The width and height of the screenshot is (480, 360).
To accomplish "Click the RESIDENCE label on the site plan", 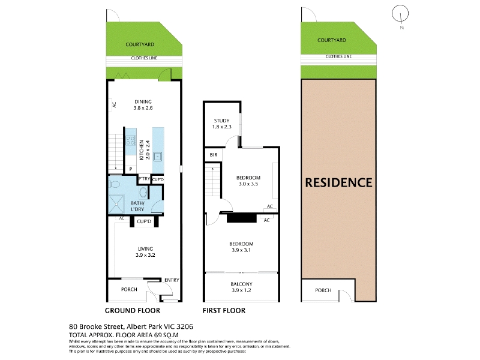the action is tap(338, 183).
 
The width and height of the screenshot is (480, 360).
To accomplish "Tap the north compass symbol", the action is tap(400, 13).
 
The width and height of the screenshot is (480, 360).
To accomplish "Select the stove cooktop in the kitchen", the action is tap(131, 141).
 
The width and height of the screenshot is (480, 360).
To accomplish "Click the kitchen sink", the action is tap(157, 157).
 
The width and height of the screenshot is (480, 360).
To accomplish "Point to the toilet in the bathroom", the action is tap(115, 184).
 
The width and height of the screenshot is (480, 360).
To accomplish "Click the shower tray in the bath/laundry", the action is tap(116, 203).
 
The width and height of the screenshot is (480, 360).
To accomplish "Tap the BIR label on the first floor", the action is tap(214, 155).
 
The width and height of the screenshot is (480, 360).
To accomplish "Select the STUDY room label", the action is tap(221, 121).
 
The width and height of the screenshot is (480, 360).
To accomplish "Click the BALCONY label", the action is tap(241, 284).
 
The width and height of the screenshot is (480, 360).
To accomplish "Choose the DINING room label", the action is tap(143, 101).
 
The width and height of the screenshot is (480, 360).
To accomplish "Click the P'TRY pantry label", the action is tap(144, 179).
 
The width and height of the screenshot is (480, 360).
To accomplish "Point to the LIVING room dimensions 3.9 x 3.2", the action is tap(145, 255).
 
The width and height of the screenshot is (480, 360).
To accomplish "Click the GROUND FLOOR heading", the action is tap(133, 311).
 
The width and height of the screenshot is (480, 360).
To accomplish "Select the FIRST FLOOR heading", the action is tap(224, 311).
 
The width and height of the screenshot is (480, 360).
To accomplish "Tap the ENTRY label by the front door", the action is tap(172, 280).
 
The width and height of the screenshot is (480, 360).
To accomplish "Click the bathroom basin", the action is tap(143, 193).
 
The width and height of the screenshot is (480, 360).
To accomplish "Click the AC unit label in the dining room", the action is tap(115, 104).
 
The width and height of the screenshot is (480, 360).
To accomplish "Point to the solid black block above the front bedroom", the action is tap(242, 218).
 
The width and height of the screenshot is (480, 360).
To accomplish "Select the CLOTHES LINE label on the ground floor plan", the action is tap(144, 58).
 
